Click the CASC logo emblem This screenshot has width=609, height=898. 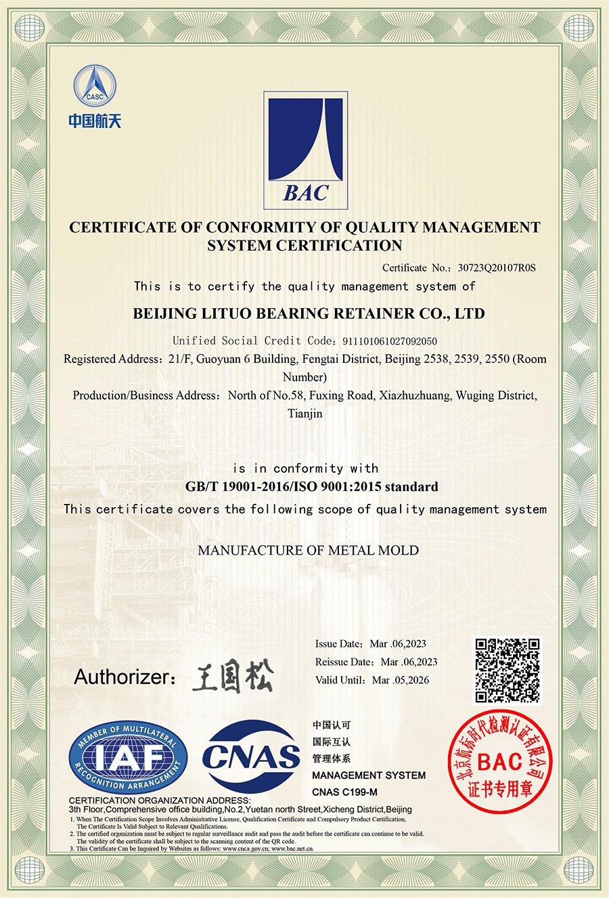coord(95,86)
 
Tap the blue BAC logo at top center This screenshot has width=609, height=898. coord(305,150)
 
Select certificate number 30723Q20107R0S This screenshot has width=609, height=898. coord(496,268)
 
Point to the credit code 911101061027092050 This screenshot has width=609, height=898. coord(389,341)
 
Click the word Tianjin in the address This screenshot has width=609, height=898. coord(305,414)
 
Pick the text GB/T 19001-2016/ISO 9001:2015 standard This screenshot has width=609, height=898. coord(311,487)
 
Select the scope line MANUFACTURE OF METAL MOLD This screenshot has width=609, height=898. coord(308,551)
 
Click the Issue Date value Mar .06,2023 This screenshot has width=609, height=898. coord(398,644)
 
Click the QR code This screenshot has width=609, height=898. coord(507,670)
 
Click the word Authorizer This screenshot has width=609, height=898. coord(122,677)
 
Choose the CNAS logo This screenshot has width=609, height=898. coord(251,756)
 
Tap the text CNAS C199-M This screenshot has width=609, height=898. coord(344,792)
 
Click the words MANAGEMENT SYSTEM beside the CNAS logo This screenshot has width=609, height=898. coord(369,775)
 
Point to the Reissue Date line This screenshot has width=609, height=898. coord(376,662)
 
